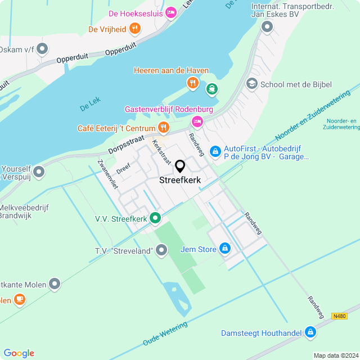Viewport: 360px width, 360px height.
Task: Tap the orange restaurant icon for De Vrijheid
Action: pos(134,28)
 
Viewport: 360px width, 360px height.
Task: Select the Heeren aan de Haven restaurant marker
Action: pos(193,83)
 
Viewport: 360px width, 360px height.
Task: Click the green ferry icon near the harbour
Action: pos(211,88)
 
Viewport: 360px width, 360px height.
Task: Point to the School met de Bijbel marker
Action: pos(252,84)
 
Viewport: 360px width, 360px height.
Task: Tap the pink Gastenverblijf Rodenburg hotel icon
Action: pos(197,121)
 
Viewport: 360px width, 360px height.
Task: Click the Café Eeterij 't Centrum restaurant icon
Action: pos(163,128)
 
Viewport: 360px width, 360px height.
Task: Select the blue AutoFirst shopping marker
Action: pos(215,151)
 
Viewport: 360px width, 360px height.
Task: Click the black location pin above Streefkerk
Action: pos(180,166)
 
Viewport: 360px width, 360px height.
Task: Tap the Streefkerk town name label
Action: pos(180,181)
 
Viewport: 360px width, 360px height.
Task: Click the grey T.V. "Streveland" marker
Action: pos(162,249)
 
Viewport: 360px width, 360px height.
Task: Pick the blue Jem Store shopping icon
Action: pos(225,248)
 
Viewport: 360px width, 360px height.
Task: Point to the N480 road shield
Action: pos(339,316)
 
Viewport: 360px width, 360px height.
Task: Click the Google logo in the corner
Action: pos(19,353)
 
